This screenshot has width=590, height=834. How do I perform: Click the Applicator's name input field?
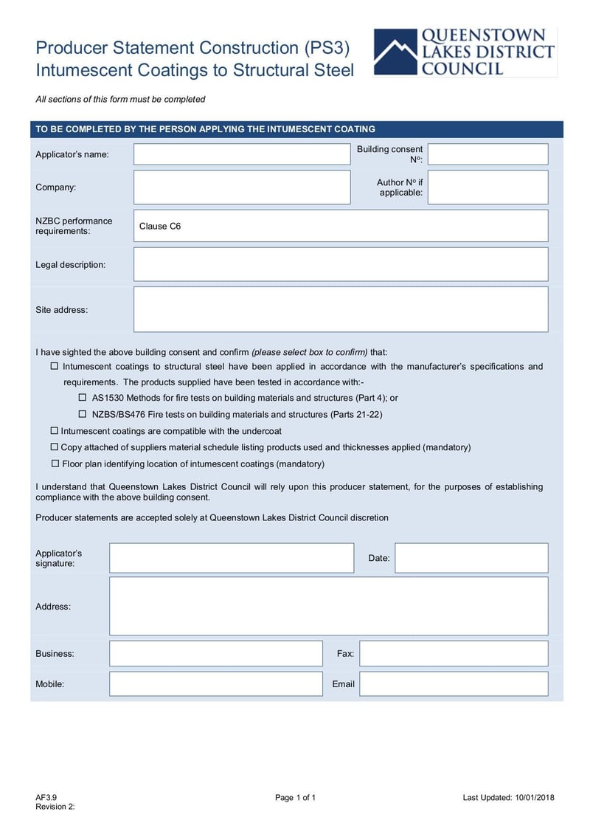pos(242,154)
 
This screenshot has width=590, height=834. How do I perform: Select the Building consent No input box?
pos(487,154)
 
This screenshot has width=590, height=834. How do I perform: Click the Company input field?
pos(242,187)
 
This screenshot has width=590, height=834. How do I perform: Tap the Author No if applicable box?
pos(487,187)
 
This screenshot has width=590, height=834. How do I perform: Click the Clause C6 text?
pos(160,226)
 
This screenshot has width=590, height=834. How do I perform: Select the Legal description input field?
pos(341,264)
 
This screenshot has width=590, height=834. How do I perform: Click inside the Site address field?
pos(341,309)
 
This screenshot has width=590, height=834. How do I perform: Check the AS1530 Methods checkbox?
pos(83,398)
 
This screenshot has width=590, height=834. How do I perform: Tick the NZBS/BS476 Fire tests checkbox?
pos(83,415)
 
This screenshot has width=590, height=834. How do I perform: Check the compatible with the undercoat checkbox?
pos(54,430)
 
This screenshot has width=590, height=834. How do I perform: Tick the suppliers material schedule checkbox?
pos(54,447)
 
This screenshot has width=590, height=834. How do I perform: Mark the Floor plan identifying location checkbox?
pos(55,463)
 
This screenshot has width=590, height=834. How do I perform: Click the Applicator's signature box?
pos(232,558)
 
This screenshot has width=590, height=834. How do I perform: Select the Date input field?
pos(471,558)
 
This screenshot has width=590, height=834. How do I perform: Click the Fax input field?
pos(454,653)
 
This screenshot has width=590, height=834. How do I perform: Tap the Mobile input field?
pos(216,683)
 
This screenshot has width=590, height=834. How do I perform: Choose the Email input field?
pos(454,683)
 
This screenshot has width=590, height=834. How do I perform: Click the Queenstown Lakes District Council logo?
pos(465,52)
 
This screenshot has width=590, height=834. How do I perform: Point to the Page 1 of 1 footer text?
pos(295,797)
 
